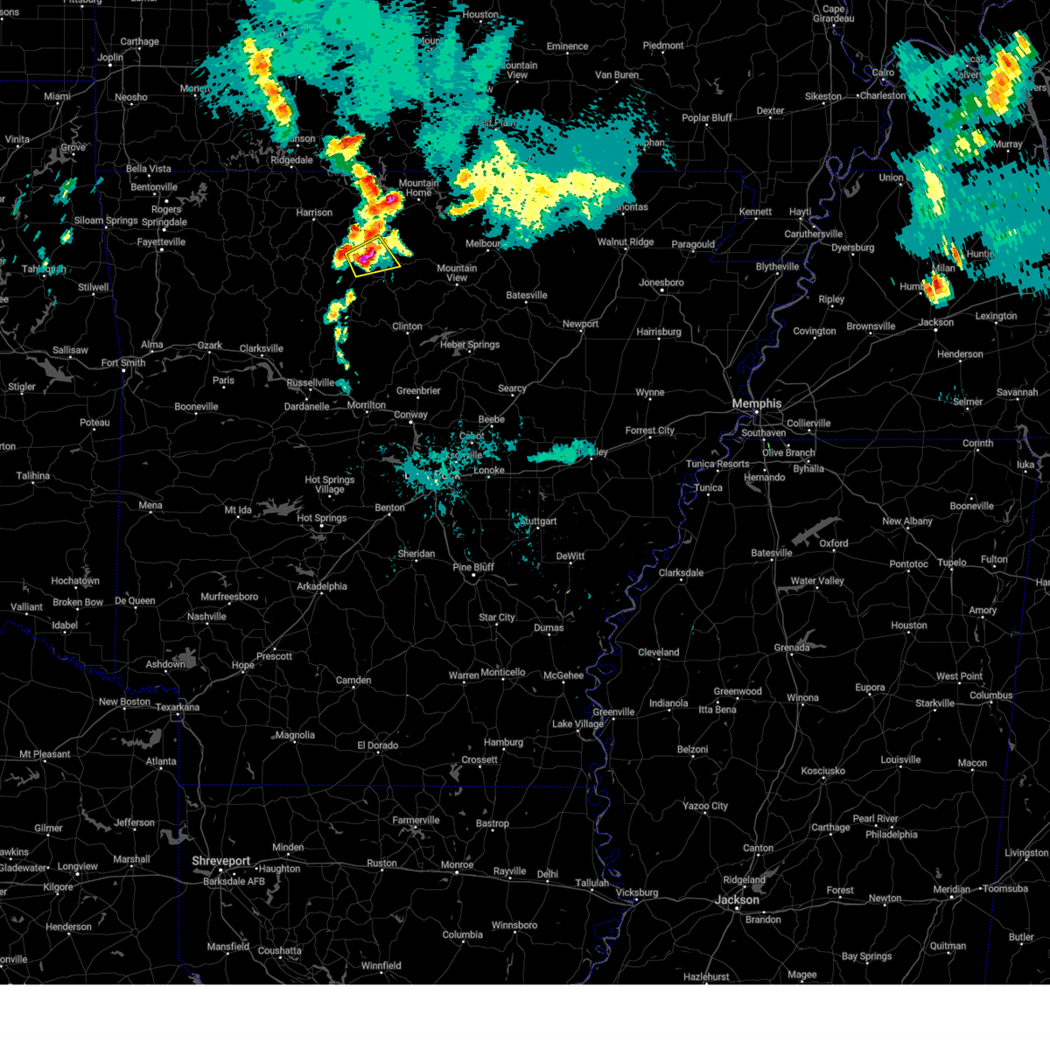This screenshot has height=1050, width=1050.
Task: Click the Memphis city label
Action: (x=756, y=403)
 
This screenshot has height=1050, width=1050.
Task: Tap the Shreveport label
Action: (x=221, y=861)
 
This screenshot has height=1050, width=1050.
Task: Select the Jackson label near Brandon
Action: (x=737, y=899)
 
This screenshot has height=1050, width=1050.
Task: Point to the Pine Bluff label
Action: (x=473, y=567)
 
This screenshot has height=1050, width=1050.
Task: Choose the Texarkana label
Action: (x=178, y=707)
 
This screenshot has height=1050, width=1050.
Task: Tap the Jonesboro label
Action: (x=661, y=283)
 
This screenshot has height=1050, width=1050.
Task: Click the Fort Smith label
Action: (x=123, y=363)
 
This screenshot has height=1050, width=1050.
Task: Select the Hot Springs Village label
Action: (x=330, y=485)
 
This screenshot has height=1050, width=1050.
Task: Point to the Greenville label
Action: (x=613, y=711)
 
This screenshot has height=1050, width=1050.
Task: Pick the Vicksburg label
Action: (x=636, y=892)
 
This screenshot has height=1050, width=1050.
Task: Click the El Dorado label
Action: (x=378, y=745)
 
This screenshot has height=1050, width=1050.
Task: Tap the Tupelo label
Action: (x=952, y=563)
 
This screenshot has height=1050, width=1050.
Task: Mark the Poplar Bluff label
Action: (x=707, y=118)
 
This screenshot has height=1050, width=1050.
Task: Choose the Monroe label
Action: (x=457, y=864)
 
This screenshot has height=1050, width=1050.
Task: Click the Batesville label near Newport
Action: (x=527, y=295)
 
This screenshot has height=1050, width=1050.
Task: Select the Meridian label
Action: (x=951, y=889)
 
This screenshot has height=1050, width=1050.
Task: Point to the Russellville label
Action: (x=311, y=382)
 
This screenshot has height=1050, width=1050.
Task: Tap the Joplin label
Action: (x=110, y=58)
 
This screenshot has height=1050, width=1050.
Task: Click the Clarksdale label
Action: (x=681, y=572)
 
